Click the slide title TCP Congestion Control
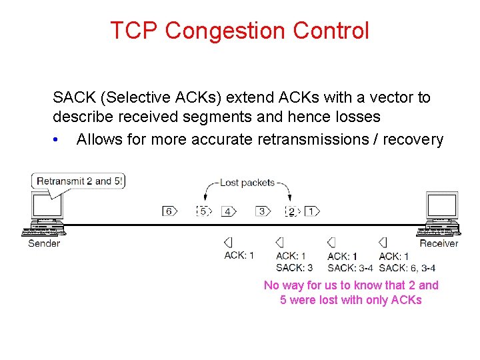[x=239, y=31]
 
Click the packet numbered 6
[x=169, y=211]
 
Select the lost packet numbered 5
[x=203, y=211]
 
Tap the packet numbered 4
[x=229, y=211]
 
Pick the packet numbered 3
[x=263, y=211]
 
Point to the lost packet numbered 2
[x=291, y=212]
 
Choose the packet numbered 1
[x=311, y=211]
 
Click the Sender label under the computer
[x=44, y=244]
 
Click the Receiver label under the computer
[x=439, y=244]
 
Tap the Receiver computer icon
[x=439, y=215]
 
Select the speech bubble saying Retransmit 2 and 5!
[x=79, y=181]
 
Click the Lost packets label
[x=247, y=183]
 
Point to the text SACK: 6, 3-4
[x=407, y=268]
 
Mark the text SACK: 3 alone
[x=294, y=268]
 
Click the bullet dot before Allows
[x=58, y=140]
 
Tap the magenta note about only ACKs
[x=351, y=293]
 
